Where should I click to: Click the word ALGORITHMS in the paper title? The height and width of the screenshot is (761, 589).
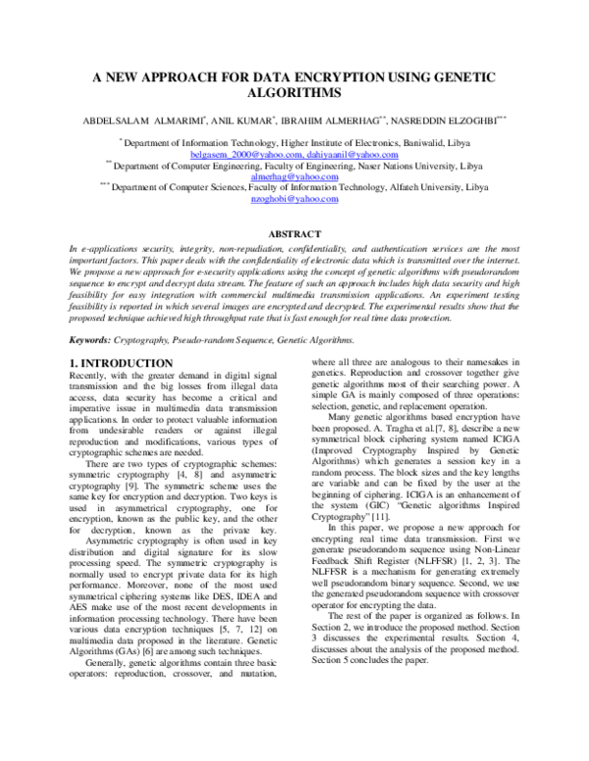coord(294,93)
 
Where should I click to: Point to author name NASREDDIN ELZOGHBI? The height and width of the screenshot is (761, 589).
coord(460,122)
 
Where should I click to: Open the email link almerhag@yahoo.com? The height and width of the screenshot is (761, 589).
coord(294,177)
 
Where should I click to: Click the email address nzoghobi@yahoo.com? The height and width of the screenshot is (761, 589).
coord(294,198)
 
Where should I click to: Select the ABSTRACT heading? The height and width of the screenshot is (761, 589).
coord(294,234)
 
